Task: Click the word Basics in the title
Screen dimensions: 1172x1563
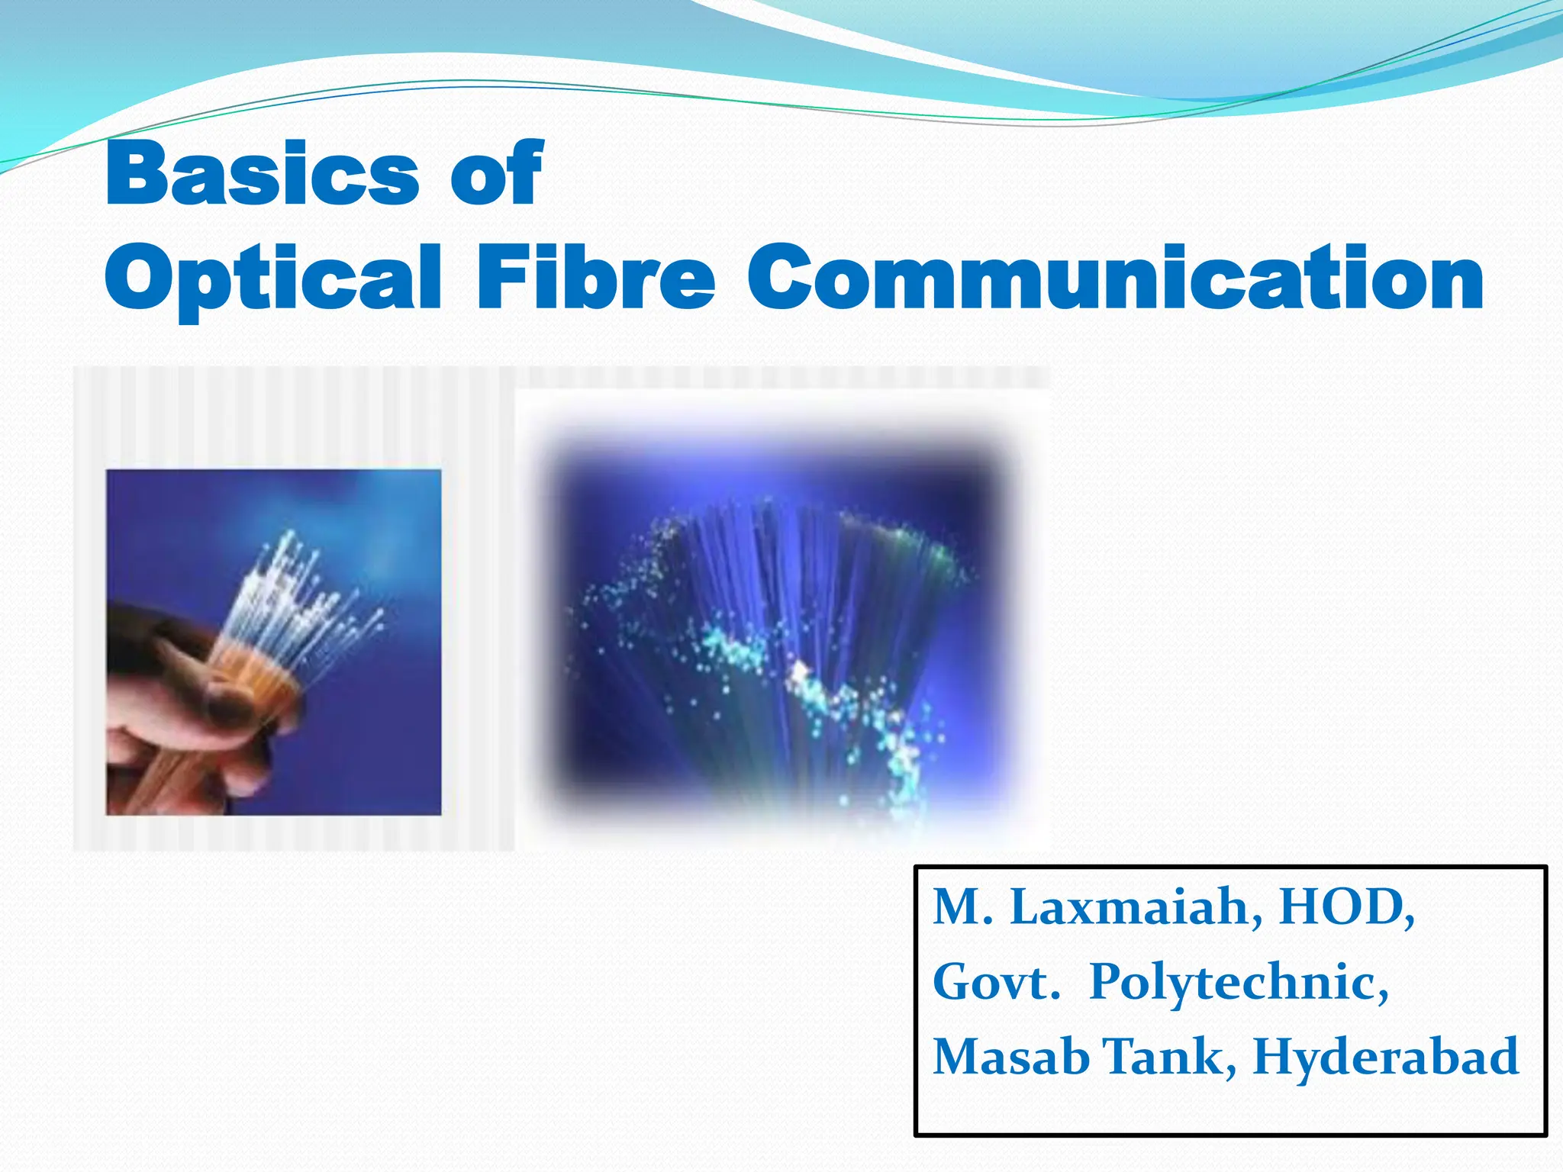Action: point(262,174)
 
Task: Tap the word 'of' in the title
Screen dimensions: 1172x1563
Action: point(497,174)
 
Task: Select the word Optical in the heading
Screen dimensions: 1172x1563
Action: point(272,278)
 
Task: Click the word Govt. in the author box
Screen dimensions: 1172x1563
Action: point(996,982)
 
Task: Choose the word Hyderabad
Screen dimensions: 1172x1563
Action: point(1385,1057)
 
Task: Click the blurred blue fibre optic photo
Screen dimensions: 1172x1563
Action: point(778,626)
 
